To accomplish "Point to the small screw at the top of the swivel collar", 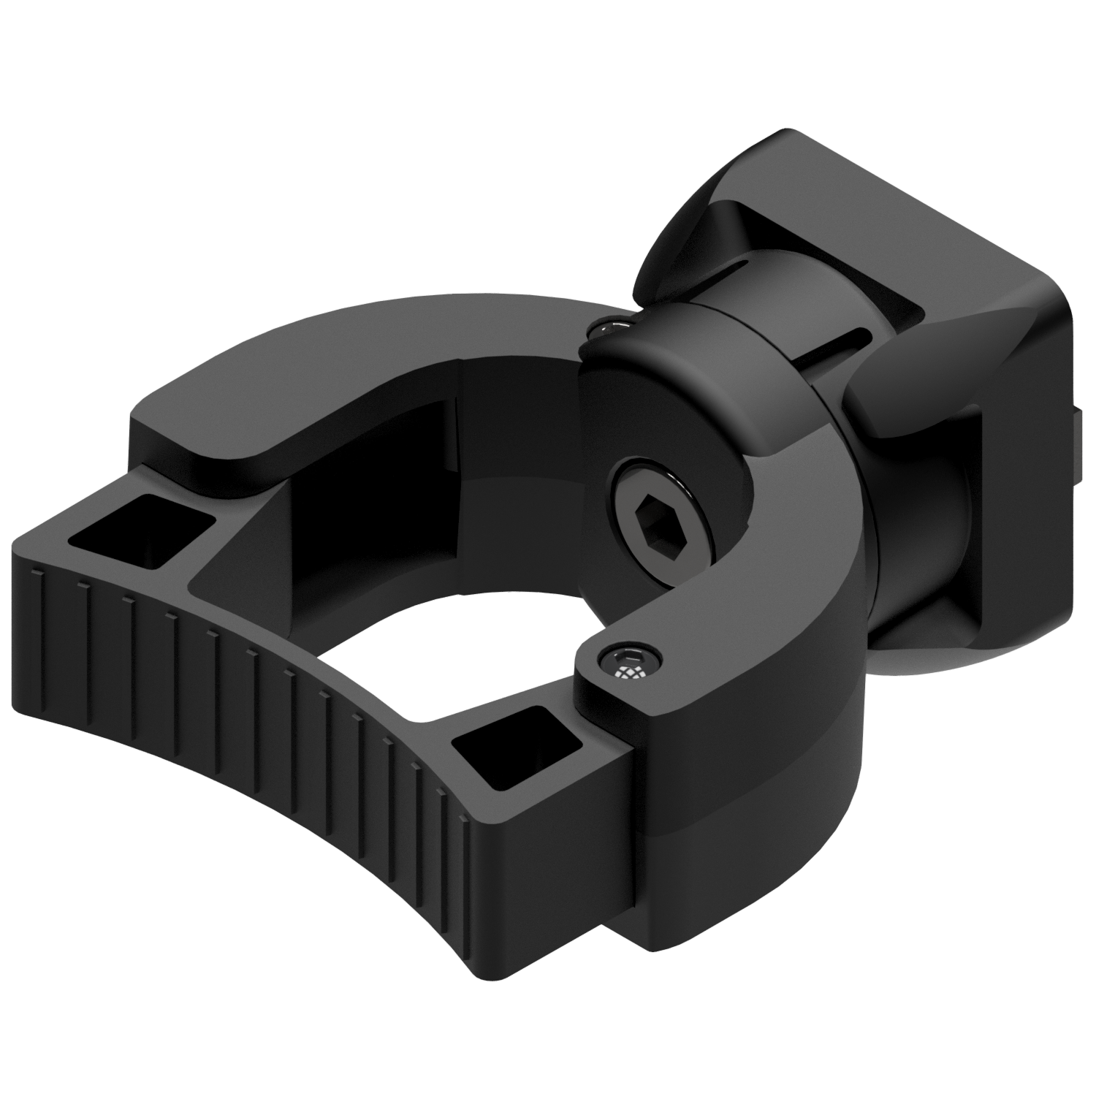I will click(x=611, y=327).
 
